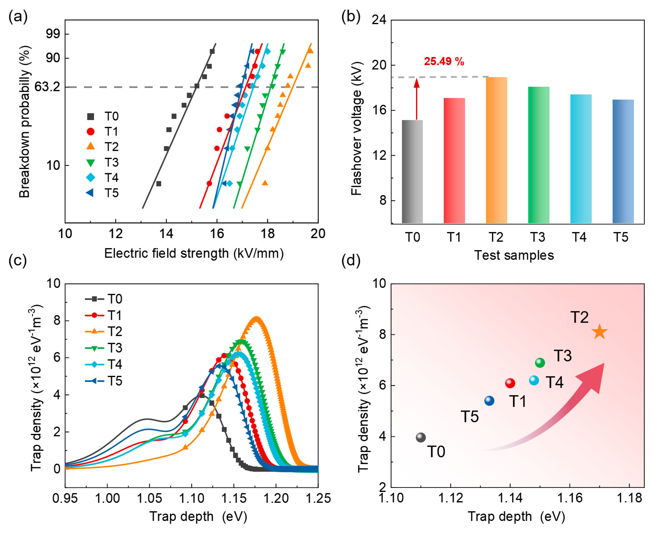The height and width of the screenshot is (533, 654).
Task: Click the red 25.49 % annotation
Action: coord(444,61)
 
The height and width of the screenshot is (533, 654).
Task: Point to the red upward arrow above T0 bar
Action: coord(416,98)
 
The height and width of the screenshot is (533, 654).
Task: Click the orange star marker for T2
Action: coord(599,332)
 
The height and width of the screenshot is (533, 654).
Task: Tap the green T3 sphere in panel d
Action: coord(540,363)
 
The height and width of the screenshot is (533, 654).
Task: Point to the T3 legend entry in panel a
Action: coord(103,162)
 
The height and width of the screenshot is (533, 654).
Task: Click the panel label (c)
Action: coord(18,260)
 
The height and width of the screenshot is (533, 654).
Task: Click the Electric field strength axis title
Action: coord(194,254)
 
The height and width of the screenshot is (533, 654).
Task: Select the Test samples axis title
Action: coord(514,255)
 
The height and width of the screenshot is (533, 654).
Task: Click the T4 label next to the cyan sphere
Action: coord(555,382)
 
